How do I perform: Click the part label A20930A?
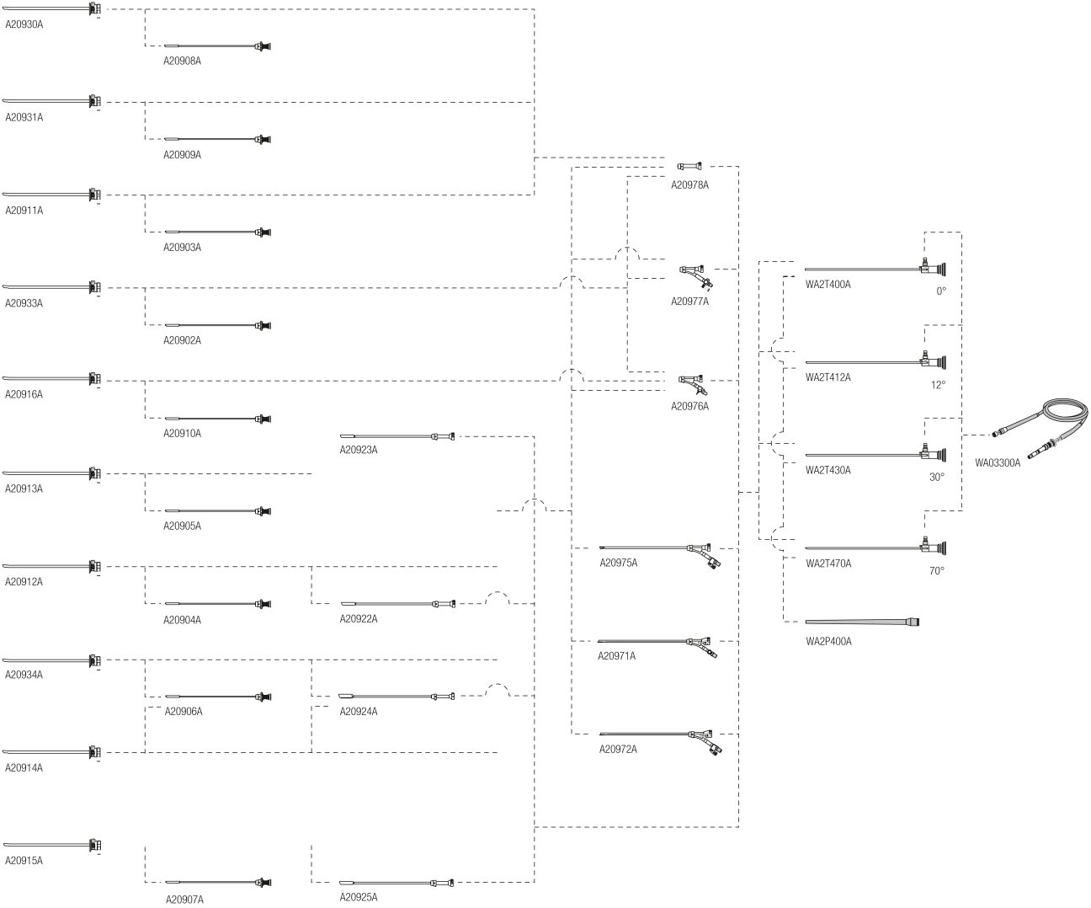pos(24,24)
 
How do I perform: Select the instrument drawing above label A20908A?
pos(216,46)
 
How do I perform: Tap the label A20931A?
pos(24,118)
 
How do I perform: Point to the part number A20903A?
pos(182,248)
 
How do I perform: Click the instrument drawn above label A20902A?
pos(216,325)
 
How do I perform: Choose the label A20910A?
pos(182,434)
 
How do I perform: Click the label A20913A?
pos(24,489)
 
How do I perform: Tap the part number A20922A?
pos(359,619)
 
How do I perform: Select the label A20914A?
pos(24,768)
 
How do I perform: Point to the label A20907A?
pos(184,900)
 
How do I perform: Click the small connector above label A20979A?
pos(689,167)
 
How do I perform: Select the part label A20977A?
pos(689,302)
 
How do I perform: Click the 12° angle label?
pos(938,385)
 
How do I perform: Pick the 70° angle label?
pos(936,571)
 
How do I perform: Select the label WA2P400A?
pos(828,642)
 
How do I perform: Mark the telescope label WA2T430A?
pos(828,471)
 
